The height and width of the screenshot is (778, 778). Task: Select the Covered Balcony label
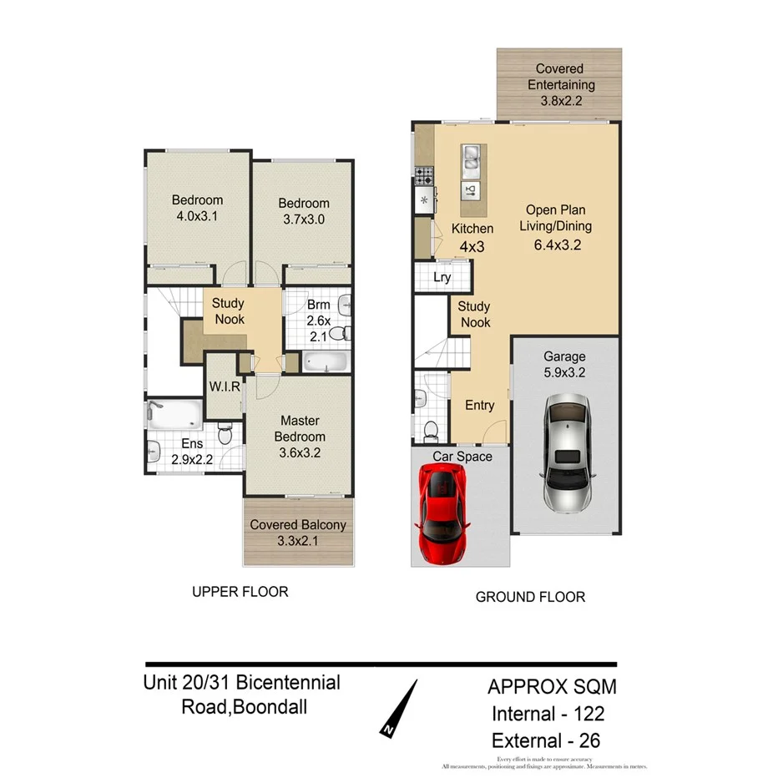(299, 525)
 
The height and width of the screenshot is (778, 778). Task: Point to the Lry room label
(442, 277)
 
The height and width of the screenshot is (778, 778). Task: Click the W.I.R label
(225, 386)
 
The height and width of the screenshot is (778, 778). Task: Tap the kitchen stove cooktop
(423, 176)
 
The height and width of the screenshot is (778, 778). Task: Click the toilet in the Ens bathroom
(225, 433)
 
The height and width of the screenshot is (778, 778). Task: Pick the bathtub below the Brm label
(323, 362)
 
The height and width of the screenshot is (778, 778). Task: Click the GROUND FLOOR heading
(530, 597)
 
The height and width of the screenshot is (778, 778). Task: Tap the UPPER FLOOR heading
(240, 592)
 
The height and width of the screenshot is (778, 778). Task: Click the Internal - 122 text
(548, 714)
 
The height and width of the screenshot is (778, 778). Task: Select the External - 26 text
(546, 740)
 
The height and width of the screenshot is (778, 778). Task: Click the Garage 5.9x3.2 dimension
(565, 373)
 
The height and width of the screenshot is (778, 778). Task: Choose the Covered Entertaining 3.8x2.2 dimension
(559, 100)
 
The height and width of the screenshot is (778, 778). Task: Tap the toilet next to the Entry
(431, 431)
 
